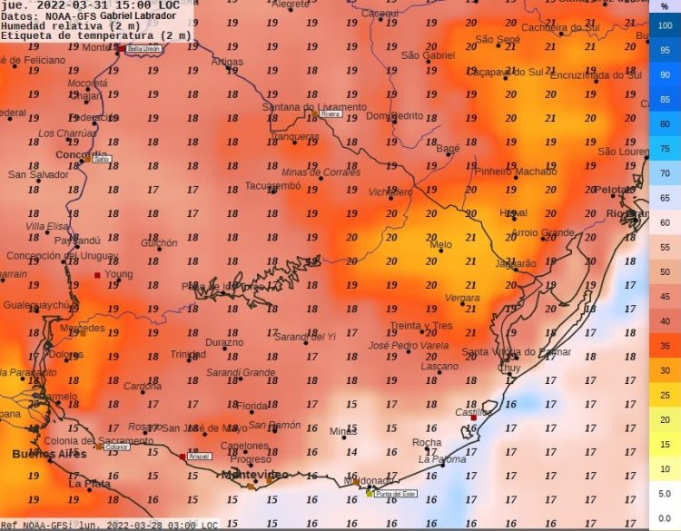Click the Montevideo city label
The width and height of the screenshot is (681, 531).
255,475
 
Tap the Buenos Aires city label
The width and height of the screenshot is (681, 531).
49,453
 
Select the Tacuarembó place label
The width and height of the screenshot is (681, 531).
272,186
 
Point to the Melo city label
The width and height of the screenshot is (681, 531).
440,245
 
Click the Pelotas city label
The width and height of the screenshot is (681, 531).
615,190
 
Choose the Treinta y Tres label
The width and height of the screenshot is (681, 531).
421,326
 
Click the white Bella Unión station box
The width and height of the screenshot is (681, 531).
143,48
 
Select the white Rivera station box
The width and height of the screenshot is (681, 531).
330,114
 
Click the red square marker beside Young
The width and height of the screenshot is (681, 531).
97,275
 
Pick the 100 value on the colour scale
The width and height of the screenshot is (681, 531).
665,25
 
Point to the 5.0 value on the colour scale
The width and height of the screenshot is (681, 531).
665,494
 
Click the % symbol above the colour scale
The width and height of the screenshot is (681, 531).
665,6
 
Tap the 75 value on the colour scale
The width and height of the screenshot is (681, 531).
665,149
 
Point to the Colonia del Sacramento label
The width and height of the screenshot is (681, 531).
86,441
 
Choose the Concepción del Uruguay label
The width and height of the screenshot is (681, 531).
56,256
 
